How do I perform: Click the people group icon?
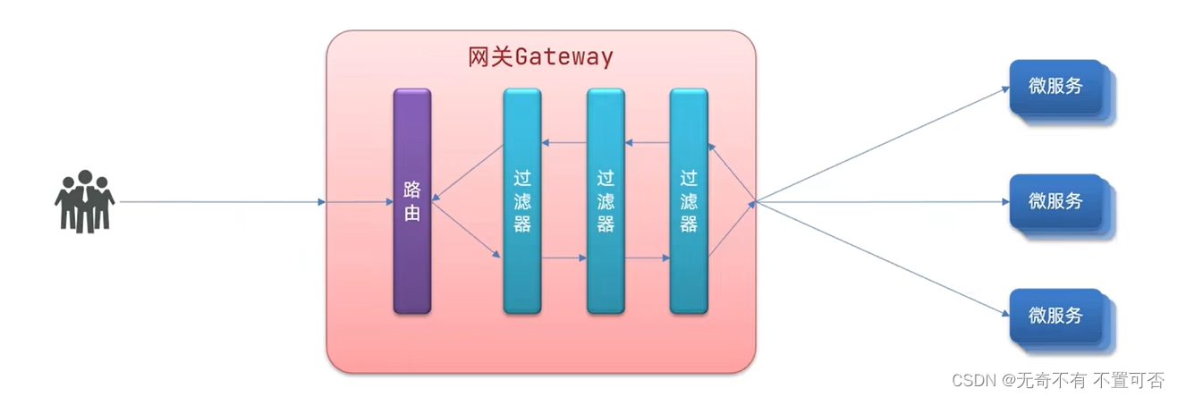[84, 200]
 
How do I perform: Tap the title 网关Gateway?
[540, 57]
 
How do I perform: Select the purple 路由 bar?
[411, 200]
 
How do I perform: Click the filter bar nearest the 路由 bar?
[521, 200]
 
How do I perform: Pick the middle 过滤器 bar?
[606, 200]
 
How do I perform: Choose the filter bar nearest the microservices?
[688, 200]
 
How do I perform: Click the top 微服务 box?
[1056, 87]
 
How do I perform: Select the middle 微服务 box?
[1056, 201]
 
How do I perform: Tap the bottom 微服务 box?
[1056, 316]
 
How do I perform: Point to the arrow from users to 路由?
[224, 202]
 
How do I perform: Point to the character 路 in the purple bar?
[411, 190]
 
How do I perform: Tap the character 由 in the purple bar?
[411, 214]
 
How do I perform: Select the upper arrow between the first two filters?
[564, 143]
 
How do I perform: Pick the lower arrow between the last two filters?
[648, 258]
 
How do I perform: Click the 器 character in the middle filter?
[606, 224]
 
